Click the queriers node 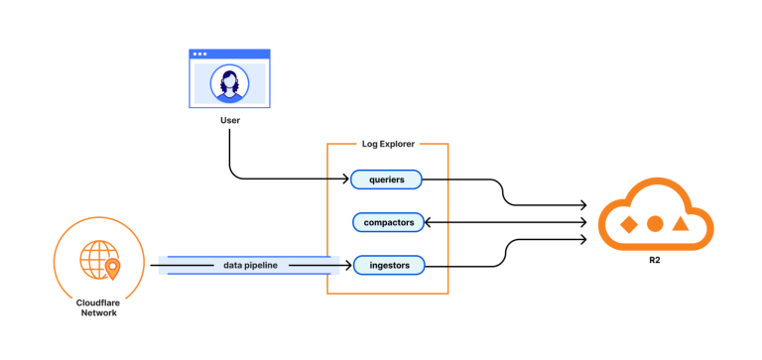[386, 180]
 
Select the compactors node [389, 222]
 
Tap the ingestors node [389, 265]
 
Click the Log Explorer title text [388, 144]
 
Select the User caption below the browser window [230, 121]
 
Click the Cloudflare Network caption [96, 306]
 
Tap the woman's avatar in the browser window [229, 84]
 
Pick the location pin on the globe [111, 268]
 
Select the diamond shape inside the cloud [628, 224]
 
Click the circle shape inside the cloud [654, 224]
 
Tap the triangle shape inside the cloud [680, 224]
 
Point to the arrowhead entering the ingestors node [348, 265]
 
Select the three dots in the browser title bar [200, 54]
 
